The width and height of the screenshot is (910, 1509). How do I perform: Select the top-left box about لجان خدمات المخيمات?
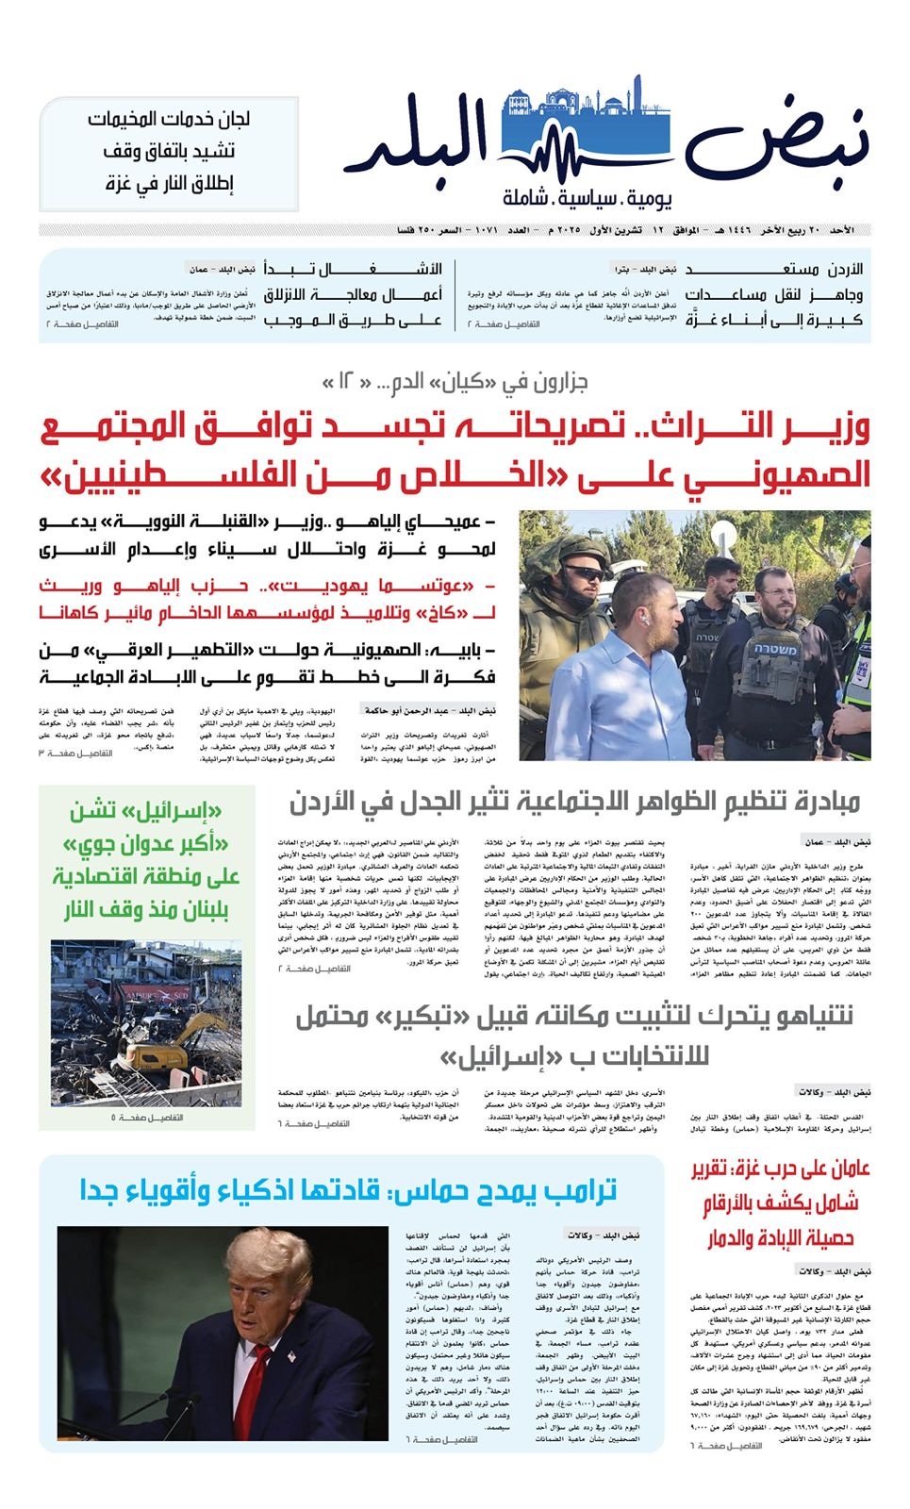tap(169, 152)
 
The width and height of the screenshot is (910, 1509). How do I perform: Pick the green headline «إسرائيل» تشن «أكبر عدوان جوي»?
tap(147, 860)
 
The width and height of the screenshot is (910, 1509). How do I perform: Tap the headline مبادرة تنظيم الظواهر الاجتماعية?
tap(574, 803)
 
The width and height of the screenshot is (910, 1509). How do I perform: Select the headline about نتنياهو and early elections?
tap(574, 1036)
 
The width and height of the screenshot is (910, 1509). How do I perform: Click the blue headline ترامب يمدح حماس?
tap(349, 1190)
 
